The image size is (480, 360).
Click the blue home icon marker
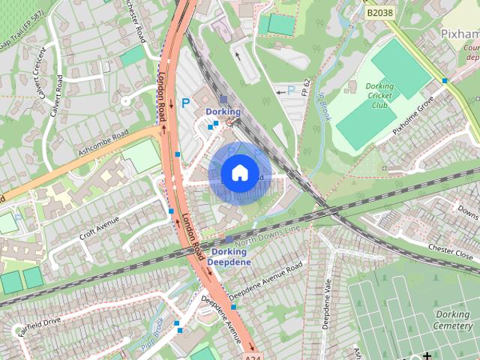tap(239, 172)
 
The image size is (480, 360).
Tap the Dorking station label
tap(223, 112)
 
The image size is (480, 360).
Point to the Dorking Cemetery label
tap(453, 320)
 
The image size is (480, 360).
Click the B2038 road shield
tap(381, 12)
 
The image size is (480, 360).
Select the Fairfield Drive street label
tap(40, 324)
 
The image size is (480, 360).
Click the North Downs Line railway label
tap(268, 235)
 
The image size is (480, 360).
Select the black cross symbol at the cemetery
tap(427, 355)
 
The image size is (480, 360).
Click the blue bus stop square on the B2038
tap(445, 80)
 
